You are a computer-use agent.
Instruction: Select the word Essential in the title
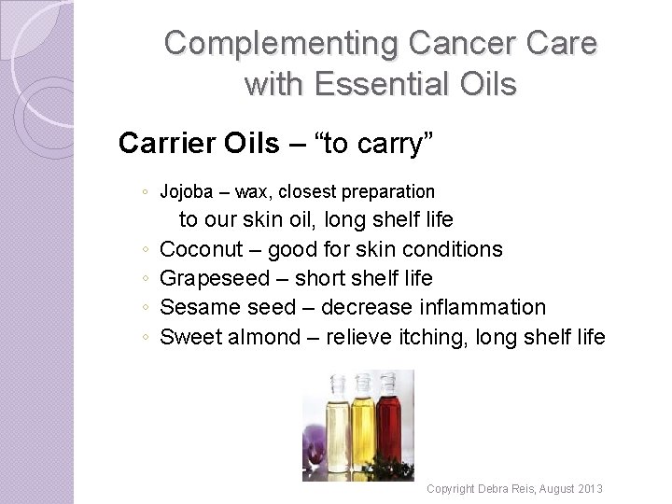pos(377,84)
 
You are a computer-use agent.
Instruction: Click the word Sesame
pos(196,307)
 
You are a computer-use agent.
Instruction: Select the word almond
pos(266,336)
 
